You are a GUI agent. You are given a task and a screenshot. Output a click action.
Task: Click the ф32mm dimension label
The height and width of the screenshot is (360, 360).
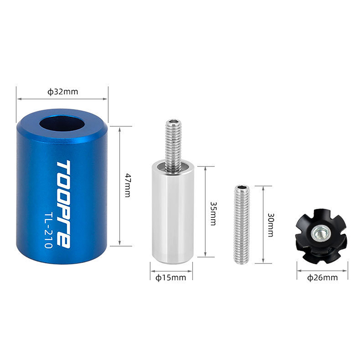[63, 92]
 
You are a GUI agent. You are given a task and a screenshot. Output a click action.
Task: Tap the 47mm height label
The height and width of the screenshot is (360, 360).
[127, 185]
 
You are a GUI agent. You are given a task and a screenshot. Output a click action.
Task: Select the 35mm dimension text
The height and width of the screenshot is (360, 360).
[213, 213]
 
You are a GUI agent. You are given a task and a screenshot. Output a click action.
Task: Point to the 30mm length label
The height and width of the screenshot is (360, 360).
[271, 225]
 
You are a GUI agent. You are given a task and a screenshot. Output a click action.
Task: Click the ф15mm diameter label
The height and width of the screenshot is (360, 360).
[171, 278]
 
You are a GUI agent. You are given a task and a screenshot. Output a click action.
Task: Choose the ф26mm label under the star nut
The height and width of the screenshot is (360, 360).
[323, 278]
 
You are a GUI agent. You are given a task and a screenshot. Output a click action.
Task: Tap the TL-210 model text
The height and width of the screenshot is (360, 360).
[49, 230]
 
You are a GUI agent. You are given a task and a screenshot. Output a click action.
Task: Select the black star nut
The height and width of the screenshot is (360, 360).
[321, 236]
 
